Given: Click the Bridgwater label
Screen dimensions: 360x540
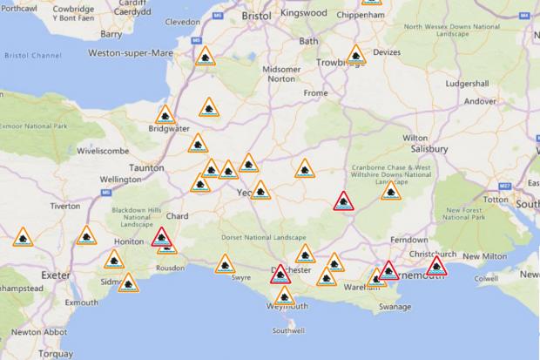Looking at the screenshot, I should pos(170,129).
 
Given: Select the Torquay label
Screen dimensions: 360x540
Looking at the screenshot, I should pos(54,355).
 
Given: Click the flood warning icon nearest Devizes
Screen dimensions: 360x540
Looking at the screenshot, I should pos(355,56).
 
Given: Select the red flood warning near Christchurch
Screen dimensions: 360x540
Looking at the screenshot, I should pos(436,265).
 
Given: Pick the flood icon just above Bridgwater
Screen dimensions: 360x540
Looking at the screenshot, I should pos(165,114).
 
